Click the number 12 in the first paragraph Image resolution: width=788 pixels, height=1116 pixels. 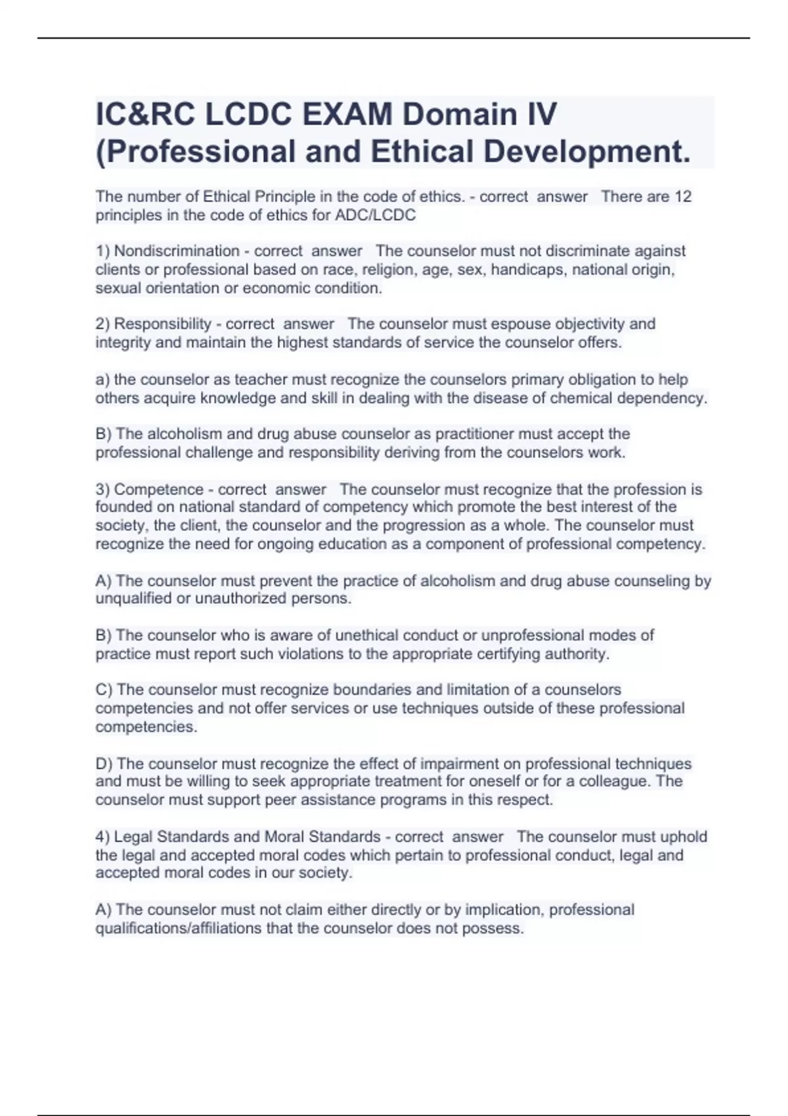tap(683, 197)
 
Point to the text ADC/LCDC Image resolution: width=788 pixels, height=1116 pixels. tap(385, 215)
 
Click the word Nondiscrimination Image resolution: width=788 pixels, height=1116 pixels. tap(177, 251)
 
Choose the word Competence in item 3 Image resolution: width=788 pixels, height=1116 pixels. tap(159, 490)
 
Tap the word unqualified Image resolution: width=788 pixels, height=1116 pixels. tap(134, 599)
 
